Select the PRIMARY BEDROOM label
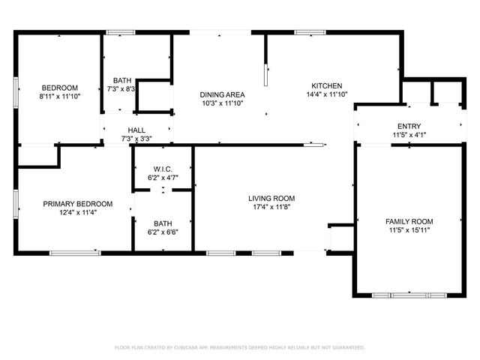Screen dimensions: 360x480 (77, 203)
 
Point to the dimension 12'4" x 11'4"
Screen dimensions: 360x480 (77, 212)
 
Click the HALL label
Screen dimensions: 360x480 (136, 130)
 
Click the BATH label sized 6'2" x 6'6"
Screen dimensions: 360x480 (163, 223)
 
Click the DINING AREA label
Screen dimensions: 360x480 (223, 94)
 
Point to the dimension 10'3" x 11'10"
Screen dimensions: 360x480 (223, 103)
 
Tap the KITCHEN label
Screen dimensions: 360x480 (327, 85)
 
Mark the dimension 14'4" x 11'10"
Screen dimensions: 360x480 (327, 94)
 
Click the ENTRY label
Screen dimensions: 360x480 (409, 126)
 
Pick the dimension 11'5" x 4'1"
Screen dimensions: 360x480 (409, 135)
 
